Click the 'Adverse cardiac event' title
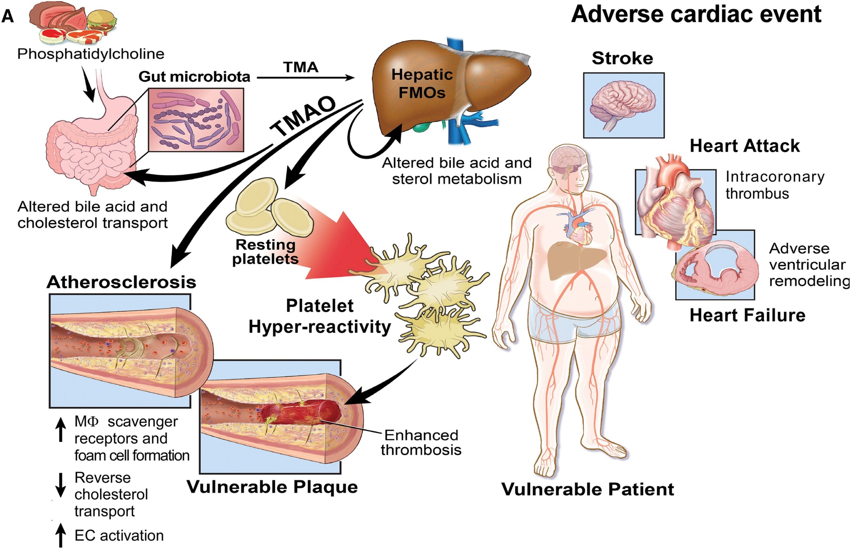click(x=696, y=14)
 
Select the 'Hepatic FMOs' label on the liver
click(x=422, y=83)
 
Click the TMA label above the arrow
click(x=301, y=67)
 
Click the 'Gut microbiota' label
click(x=194, y=76)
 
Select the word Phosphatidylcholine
click(x=91, y=54)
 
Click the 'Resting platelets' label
click(x=265, y=252)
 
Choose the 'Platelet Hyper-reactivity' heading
click(x=320, y=316)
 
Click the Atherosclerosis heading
click(x=121, y=282)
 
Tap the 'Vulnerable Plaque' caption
click(x=272, y=487)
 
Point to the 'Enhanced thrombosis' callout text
click(x=421, y=443)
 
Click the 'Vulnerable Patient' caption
click(x=587, y=489)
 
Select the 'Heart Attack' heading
click(x=744, y=146)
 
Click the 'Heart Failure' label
click(x=747, y=315)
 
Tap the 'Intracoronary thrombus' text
click(x=775, y=185)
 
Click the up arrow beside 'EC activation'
click(x=61, y=535)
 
